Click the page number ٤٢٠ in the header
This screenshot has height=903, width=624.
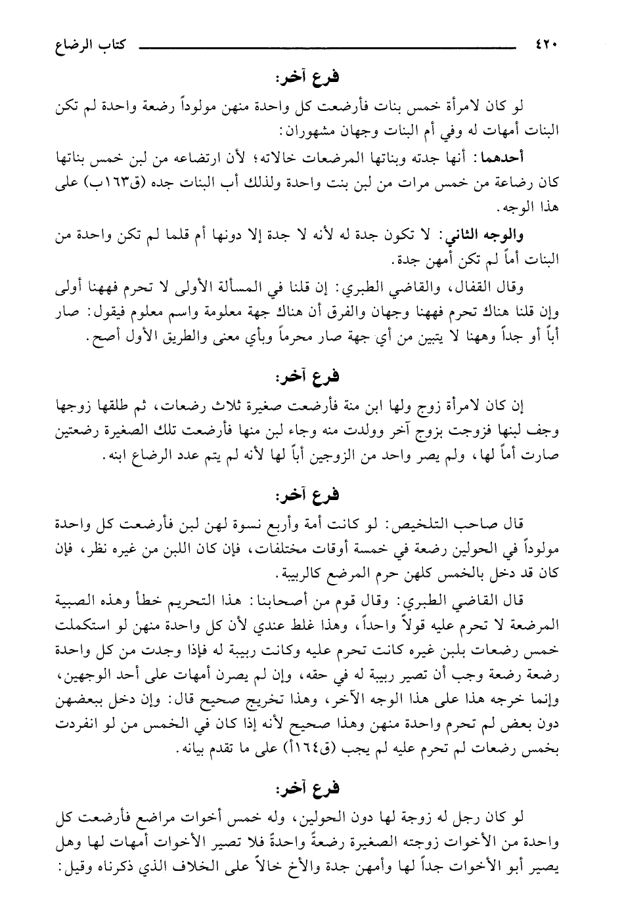(x=545, y=47)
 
